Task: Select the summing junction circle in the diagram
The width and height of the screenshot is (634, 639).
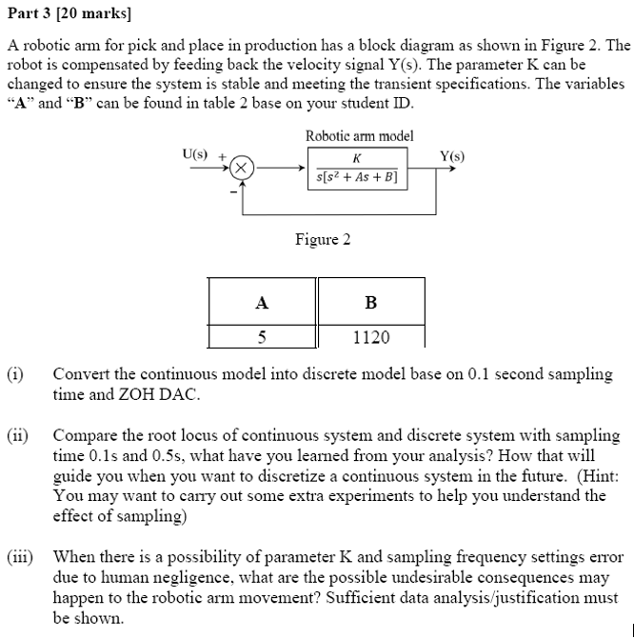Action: coord(244,168)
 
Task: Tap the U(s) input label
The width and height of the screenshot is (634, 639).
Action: coord(197,151)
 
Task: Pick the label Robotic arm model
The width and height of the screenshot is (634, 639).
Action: coord(359,136)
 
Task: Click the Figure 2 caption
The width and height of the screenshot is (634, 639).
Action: coord(323,239)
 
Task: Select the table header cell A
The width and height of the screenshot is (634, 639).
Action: coord(262,303)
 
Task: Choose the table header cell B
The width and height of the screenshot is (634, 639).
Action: coord(370,303)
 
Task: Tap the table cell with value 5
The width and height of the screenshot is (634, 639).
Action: coord(262,337)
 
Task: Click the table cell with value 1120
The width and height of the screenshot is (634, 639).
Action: coord(370,337)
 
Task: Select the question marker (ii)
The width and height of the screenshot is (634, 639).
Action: coord(17,435)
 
